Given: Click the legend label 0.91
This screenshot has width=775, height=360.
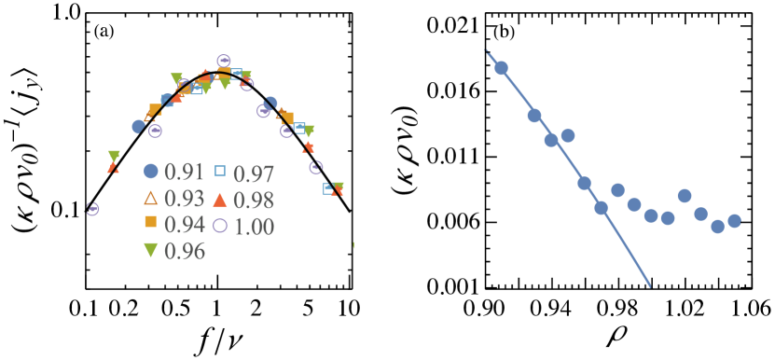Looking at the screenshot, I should (x=184, y=173).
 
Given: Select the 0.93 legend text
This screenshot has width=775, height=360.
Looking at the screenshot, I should (x=184, y=199).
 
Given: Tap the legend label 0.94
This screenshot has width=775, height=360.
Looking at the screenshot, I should (x=184, y=225).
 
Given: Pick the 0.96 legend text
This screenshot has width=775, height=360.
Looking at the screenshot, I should (x=184, y=251).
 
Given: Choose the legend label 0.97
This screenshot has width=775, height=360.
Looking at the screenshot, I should (x=254, y=174).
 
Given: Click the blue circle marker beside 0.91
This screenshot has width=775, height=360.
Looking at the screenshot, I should (x=150, y=172).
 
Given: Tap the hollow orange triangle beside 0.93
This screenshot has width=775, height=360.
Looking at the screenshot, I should (x=150, y=198).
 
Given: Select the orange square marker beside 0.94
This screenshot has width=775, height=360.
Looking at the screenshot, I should (x=150, y=223).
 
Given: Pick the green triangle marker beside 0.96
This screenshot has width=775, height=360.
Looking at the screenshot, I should (x=150, y=250).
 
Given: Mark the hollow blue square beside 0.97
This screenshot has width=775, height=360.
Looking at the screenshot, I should (x=220, y=171).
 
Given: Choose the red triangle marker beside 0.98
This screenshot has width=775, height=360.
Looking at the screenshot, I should (x=220, y=199).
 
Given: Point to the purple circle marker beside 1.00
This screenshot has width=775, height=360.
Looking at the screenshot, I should (x=220, y=225).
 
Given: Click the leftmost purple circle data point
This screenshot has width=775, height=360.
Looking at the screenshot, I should (x=92, y=209).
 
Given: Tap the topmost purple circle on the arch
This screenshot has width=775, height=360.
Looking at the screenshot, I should (x=224, y=62).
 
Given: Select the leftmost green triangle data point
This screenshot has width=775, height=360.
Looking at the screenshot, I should (x=114, y=156).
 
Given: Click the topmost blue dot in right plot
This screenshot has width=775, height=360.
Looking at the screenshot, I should (x=501, y=68).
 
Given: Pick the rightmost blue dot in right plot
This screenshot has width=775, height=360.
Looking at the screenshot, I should (x=734, y=221).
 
